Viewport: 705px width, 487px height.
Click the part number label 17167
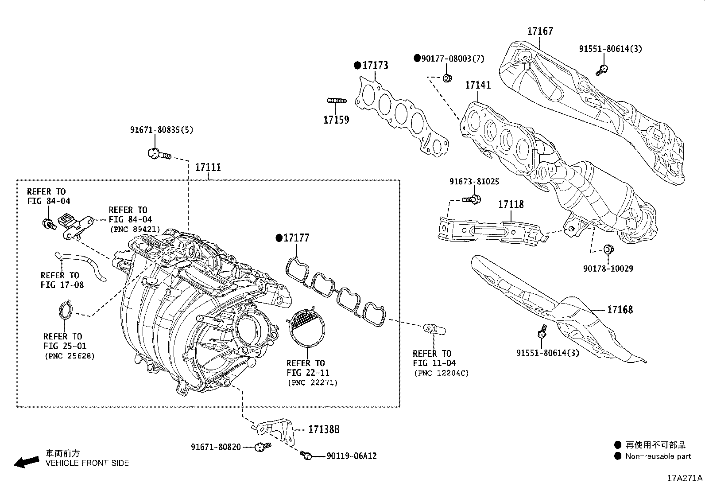point(540,31)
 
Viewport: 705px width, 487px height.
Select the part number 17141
point(477,85)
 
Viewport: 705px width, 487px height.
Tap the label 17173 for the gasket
point(375,66)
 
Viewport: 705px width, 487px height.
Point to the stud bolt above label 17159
point(337,101)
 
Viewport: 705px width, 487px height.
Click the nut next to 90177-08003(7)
point(447,78)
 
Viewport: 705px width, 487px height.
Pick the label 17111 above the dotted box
point(208,168)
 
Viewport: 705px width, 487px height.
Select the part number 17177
point(296,238)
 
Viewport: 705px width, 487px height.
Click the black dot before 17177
point(279,238)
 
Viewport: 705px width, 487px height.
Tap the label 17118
point(511,204)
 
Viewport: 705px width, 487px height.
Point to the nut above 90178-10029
point(608,249)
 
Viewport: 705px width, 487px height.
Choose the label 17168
point(620,310)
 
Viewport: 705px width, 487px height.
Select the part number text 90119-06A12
point(352,456)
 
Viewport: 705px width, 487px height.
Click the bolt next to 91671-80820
point(263,447)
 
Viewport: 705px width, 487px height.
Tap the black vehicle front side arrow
point(26,462)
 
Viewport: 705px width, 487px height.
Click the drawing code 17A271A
point(685,479)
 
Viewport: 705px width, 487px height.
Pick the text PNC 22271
point(312,382)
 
